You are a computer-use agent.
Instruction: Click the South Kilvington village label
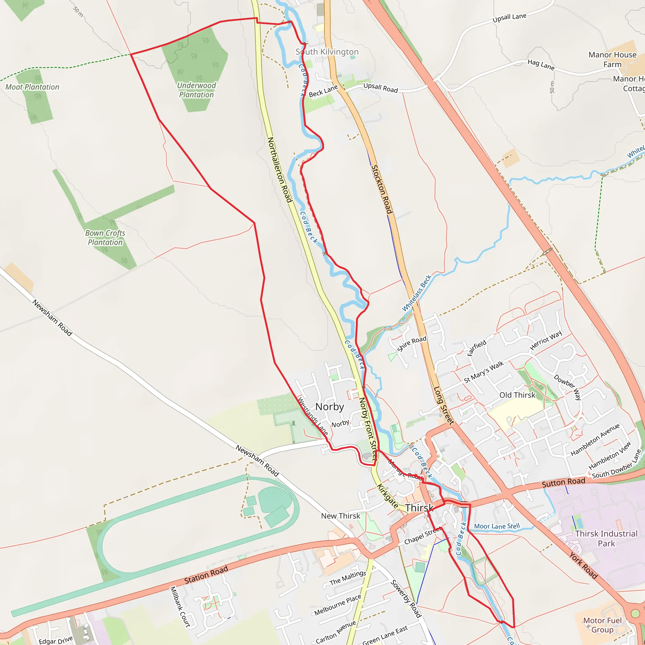click(x=327, y=52)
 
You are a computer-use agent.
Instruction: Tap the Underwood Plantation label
click(x=196, y=90)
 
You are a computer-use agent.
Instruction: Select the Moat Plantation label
click(x=32, y=87)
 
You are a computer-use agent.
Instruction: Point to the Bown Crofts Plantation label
click(x=105, y=238)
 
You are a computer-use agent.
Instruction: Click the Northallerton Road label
click(x=280, y=170)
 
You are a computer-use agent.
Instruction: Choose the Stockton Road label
click(x=382, y=189)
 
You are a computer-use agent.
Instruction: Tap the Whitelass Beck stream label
click(x=416, y=293)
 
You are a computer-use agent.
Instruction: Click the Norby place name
click(x=329, y=407)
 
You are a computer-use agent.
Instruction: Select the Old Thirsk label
click(x=517, y=395)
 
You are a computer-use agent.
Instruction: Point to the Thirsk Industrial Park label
click(x=606, y=539)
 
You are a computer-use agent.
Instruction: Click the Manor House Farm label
click(x=612, y=60)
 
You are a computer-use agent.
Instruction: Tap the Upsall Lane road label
click(x=510, y=18)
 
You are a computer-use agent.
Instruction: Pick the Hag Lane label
click(x=541, y=65)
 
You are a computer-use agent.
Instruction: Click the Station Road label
click(x=206, y=574)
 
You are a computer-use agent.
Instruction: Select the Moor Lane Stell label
click(x=497, y=527)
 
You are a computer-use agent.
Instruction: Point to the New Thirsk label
click(x=340, y=516)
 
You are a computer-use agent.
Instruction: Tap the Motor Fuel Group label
click(x=602, y=625)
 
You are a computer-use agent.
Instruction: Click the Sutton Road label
click(x=563, y=482)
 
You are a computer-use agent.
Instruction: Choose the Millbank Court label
click(x=180, y=607)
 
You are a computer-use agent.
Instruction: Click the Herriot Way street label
click(x=546, y=340)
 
